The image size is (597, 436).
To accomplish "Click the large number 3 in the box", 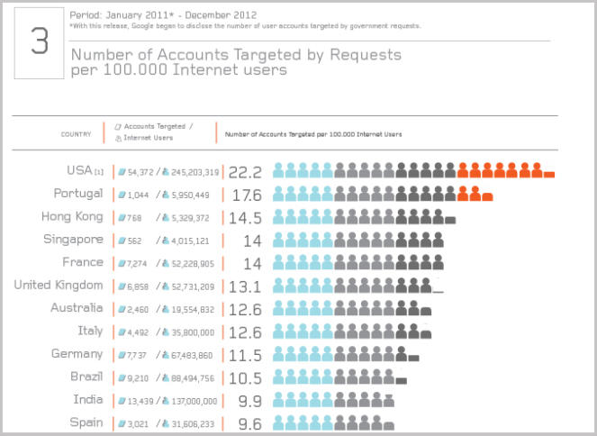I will [39, 43].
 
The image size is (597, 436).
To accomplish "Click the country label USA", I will [79, 170].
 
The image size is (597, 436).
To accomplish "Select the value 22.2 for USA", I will [245, 171].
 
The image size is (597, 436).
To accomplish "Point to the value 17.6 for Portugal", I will [245, 195].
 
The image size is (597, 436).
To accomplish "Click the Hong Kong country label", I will [72, 216].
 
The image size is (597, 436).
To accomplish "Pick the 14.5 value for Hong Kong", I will [245, 218].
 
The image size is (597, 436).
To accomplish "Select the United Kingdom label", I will [59, 285].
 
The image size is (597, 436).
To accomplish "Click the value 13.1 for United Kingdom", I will [245, 286].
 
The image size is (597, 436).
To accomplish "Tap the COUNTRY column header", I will [76, 134].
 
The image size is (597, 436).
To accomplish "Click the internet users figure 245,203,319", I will [193, 172].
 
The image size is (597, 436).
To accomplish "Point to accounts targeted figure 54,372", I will [140, 172].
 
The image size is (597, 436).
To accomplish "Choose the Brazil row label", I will [86, 377].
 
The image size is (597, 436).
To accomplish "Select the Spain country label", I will [86, 422].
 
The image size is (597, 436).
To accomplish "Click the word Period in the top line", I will [84, 15].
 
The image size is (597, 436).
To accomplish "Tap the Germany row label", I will [77, 353].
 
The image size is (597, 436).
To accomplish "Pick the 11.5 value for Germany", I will [245, 355].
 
